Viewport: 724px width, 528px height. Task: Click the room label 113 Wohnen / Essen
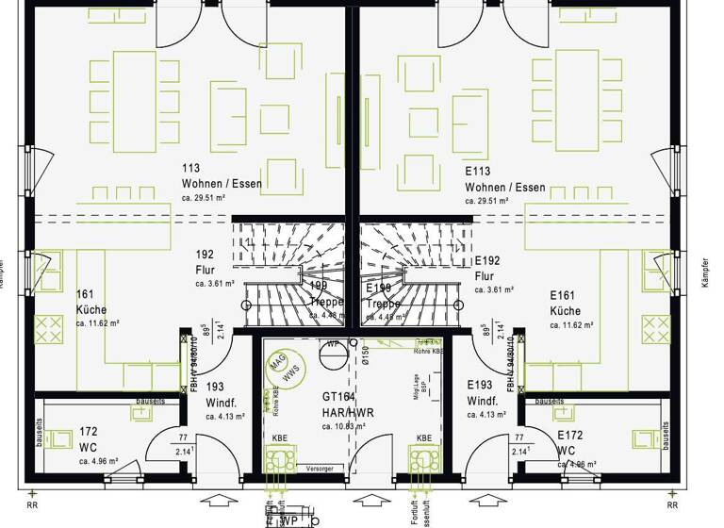tap(222, 176)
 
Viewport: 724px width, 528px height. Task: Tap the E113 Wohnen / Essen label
tap(504, 180)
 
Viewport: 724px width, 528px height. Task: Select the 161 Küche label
tap(91, 303)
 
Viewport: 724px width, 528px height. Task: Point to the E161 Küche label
tap(565, 303)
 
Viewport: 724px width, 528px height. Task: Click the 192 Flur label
tap(206, 262)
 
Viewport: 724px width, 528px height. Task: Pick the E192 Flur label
tap(486, 268)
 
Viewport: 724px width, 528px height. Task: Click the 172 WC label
tap(89, 437)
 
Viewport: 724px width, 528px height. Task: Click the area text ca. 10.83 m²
tap(342, 426)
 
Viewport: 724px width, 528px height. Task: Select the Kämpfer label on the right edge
tap(703, 274)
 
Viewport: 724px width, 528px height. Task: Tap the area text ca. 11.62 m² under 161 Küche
tap(98, 323)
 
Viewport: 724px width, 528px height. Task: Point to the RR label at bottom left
tap(33, 503)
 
